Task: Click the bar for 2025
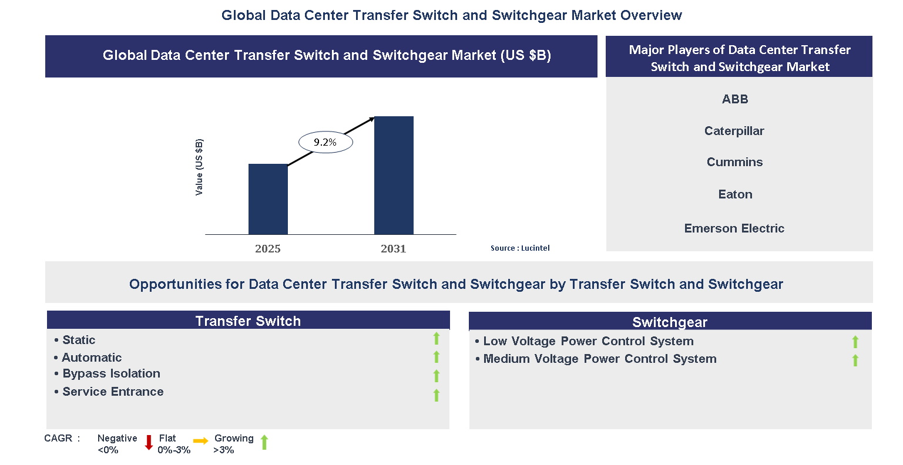pos(268,199)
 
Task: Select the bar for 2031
pos(394,176)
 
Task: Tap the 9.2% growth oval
pos(325,142)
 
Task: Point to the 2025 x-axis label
pos(268,249)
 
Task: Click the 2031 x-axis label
pos(394,249)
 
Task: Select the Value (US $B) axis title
pos(199,167)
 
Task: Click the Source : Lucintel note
pos(520,248)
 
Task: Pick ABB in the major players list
pos(735,99)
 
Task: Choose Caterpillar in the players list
pos(734,131)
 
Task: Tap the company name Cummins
pos(734,162)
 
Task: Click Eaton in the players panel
pos(735,194)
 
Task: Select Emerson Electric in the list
pos(734,228)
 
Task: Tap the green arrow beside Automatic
pos(437,357)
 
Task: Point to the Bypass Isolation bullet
pos(111,373)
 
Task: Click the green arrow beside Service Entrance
pos(437,395)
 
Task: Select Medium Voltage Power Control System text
pos(599,359)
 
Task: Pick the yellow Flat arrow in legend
pos(201,441)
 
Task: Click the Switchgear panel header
pos(670,322)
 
